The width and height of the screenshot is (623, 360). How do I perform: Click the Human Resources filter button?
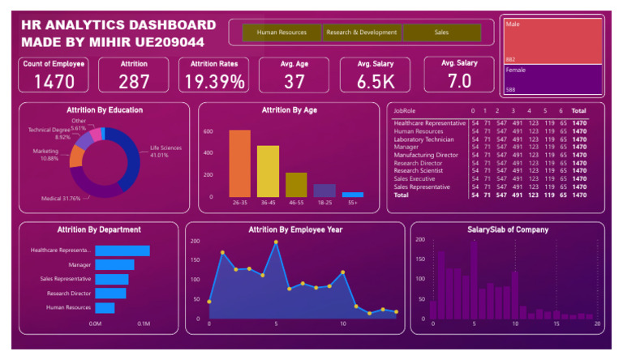(x=281, y=32)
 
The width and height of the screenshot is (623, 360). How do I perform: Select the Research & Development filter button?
(x=362, y=32)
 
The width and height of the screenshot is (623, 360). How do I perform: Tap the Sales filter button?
(x=441, y=32)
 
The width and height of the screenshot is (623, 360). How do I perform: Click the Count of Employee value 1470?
(x=54, y=81)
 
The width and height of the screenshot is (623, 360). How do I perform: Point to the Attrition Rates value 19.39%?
(x=214, y=81)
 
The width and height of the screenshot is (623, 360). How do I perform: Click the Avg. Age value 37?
(x=294, y=81)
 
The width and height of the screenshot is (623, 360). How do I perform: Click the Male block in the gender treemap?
(x=552, y=41)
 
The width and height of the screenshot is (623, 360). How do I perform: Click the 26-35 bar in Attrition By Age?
(x=239, y=163)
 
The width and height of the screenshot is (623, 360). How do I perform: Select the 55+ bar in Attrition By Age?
(x=352, y=195)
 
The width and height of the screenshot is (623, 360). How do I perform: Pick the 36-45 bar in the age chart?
(x=268, y=171)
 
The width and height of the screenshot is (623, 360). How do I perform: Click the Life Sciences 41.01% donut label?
(x=165, y=151)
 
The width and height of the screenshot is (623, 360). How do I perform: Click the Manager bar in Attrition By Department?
(x=114, y=264)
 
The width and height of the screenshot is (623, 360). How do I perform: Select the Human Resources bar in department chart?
(x=105, y=308)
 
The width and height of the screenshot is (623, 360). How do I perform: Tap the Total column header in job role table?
(x=578, y=110)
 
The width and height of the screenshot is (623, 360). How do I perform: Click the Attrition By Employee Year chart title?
(x=294, y=229)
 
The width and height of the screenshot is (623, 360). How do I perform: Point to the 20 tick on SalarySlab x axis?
(x=597, y=324)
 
